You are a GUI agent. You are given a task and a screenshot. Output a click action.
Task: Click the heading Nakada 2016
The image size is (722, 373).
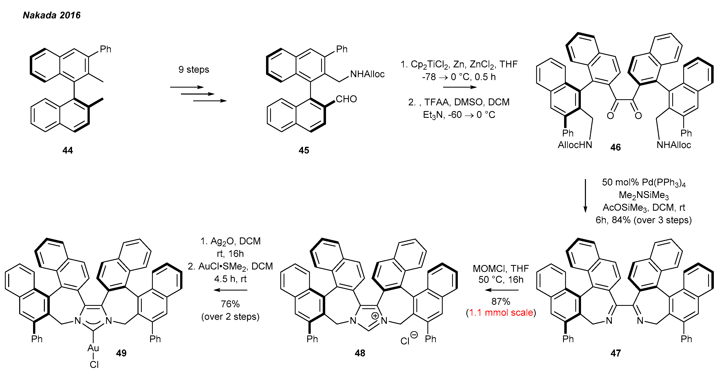coord(52,15)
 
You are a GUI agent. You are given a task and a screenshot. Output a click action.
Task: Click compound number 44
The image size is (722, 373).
coord(68,150)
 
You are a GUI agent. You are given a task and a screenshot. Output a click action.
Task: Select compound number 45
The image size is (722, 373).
coord(304,150)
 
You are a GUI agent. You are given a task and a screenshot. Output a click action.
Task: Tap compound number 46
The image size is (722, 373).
coord(616,147)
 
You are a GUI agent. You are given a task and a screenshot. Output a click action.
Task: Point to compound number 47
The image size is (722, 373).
coord(616,353)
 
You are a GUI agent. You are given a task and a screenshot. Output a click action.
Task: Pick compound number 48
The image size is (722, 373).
coord(360,353)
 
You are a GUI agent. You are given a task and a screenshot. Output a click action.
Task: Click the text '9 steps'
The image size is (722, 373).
coord(194,70)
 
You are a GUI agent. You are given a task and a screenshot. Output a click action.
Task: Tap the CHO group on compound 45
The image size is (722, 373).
coord(346,99)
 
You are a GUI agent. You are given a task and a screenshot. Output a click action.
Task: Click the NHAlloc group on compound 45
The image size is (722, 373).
coord(367,74)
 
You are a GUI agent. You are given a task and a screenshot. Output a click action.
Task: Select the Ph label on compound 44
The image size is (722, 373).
coord(106,49)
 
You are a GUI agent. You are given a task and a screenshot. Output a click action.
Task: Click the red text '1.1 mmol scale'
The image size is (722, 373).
coord(501,312)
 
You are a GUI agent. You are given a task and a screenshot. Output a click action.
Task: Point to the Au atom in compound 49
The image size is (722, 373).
coord(93,348)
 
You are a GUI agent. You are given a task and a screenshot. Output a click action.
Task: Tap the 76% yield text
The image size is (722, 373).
coord(230,304)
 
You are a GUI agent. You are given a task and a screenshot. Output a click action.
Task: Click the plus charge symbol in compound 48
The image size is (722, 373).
coord(375,316)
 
